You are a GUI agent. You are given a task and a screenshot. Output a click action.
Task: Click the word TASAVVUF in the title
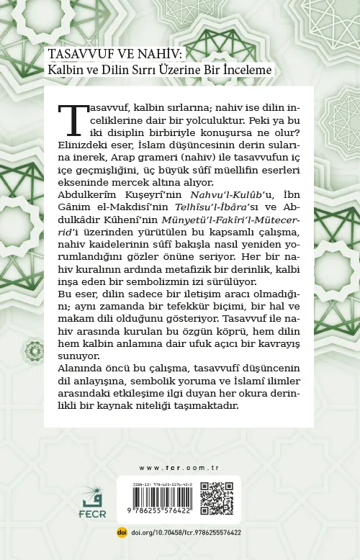click(73, 55)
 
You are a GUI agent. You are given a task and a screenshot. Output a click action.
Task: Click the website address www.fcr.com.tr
click(179, 468)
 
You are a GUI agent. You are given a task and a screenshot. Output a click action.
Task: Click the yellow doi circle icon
click(122, 533)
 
